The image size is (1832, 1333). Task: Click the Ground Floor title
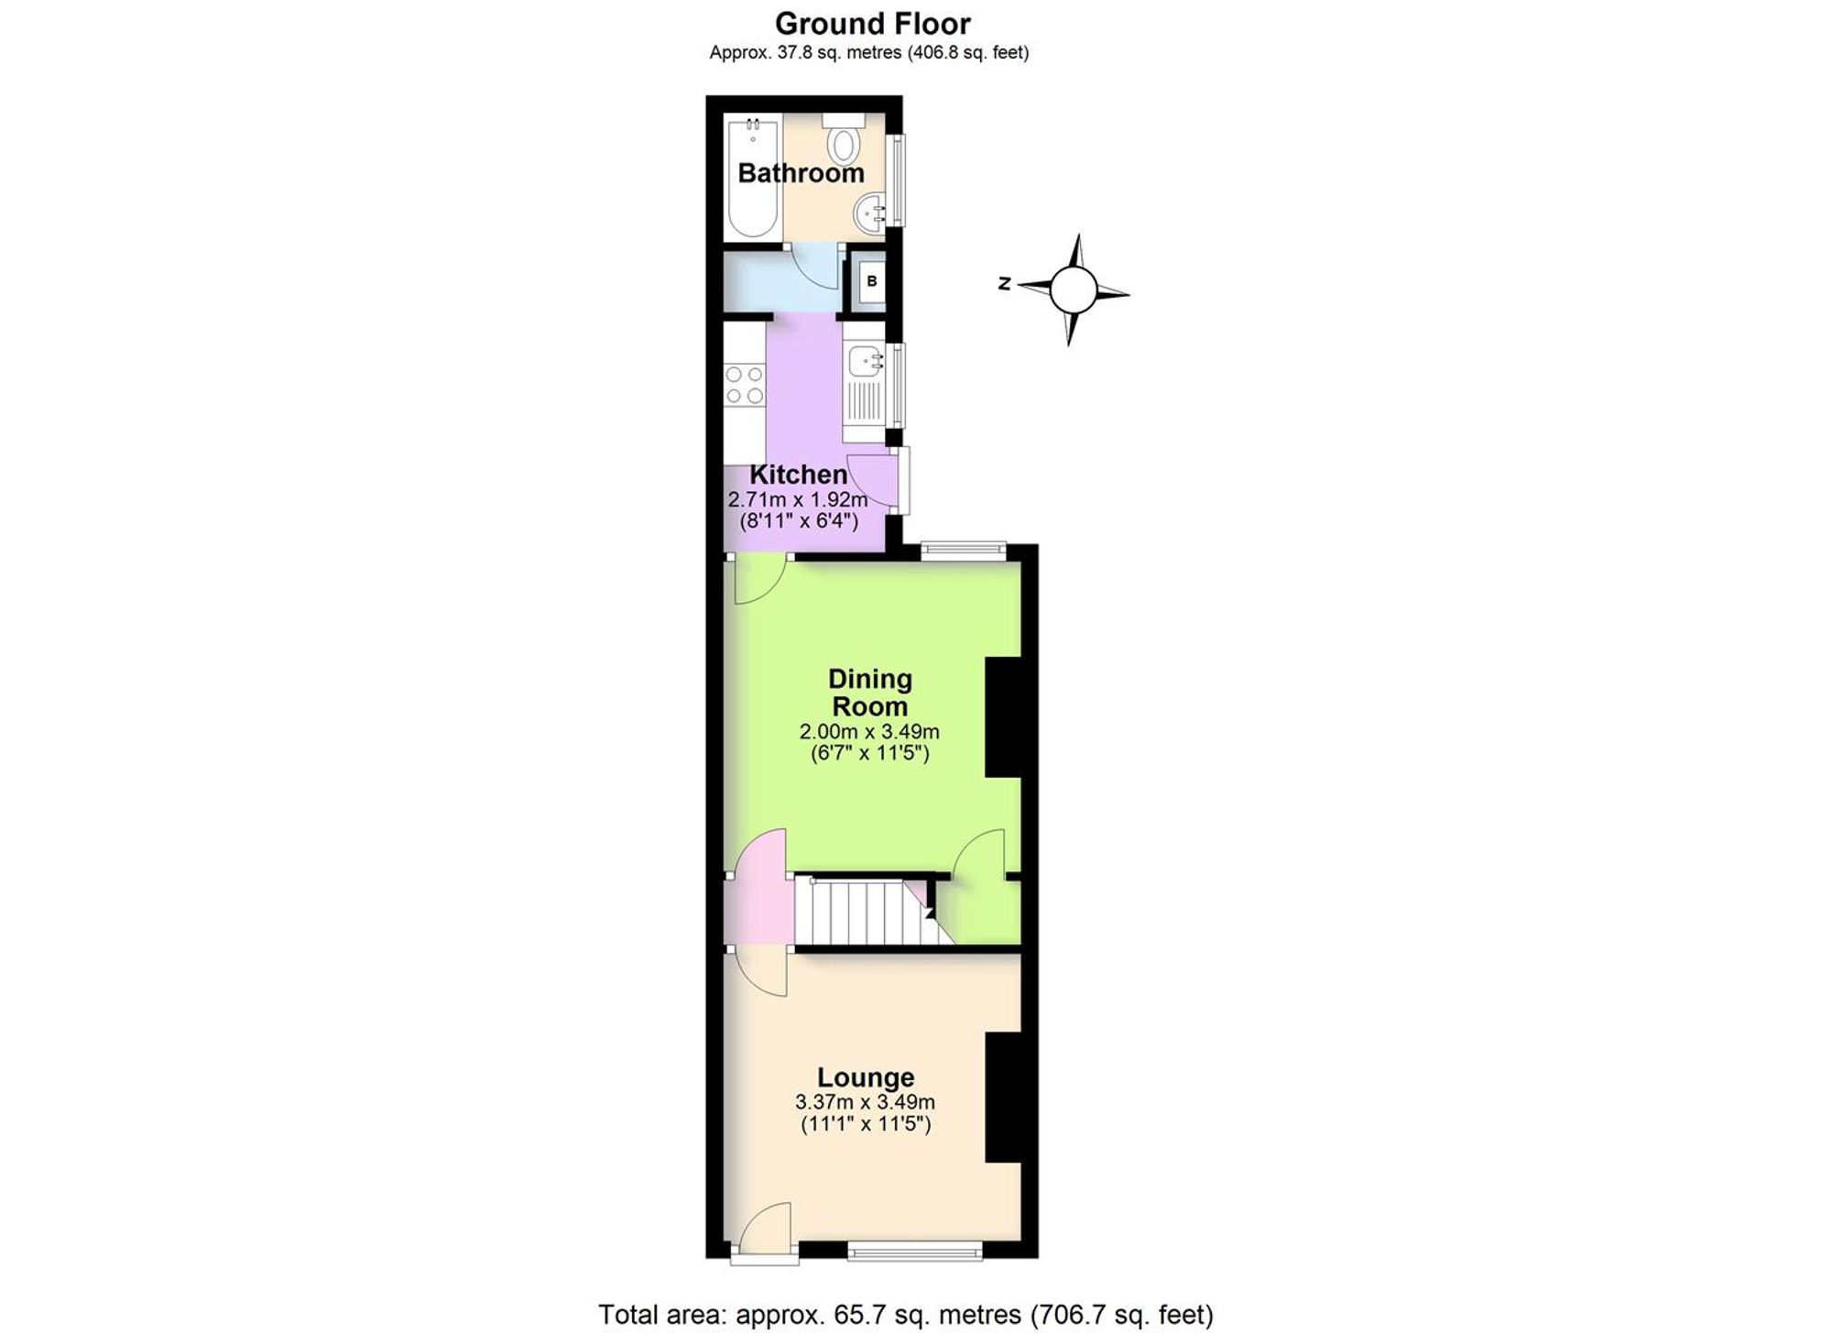pos(872,23)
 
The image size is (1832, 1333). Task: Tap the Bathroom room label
pos(801,172)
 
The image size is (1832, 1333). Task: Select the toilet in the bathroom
pos(843,137)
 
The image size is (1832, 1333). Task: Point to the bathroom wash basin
pos(870,213)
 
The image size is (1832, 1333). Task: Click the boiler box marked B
pos(871,281)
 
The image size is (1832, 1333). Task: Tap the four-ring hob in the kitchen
pos(744,385)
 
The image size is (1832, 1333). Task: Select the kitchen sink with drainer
pos(864,385)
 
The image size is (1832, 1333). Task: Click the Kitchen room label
pos(798,475)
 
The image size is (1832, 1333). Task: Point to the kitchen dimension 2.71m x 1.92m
pos(798,500)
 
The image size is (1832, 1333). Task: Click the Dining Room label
pos(869,693)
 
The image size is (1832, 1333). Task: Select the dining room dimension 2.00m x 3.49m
pos(869,732)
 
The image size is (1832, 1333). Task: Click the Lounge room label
pos(866,1077)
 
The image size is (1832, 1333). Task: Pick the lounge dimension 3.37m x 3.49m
pos(866,1102)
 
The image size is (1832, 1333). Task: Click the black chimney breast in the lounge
pos(1004,1098)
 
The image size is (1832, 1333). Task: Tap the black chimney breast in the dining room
pos(1004,717)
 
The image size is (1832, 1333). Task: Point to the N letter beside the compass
pos(1004,284)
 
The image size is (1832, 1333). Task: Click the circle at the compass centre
pos(1073,290)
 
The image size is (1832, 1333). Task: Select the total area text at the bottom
pos(906,1315)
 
